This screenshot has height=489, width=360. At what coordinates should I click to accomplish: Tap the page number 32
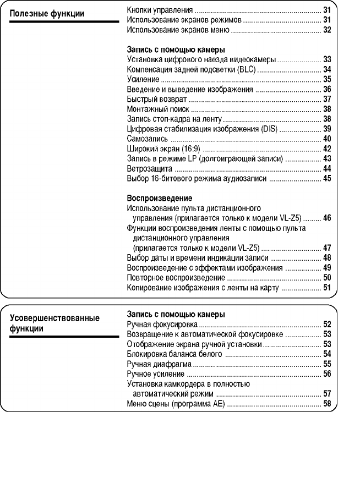[x=327, y=29]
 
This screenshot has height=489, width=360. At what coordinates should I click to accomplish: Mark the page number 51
[x=327, y=287]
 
